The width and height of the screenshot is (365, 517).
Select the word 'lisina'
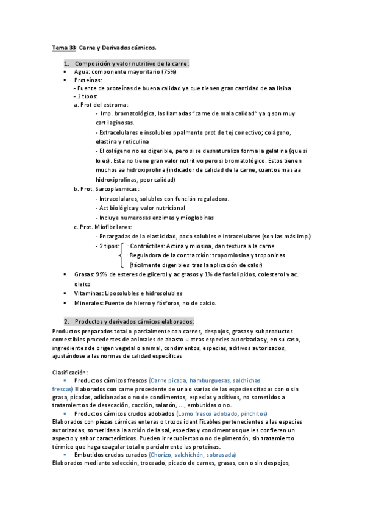(282, 88)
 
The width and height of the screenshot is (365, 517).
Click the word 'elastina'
(108, 141)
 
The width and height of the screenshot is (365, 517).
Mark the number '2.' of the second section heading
(66, 321)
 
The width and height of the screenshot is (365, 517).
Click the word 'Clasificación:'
(70, 372)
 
